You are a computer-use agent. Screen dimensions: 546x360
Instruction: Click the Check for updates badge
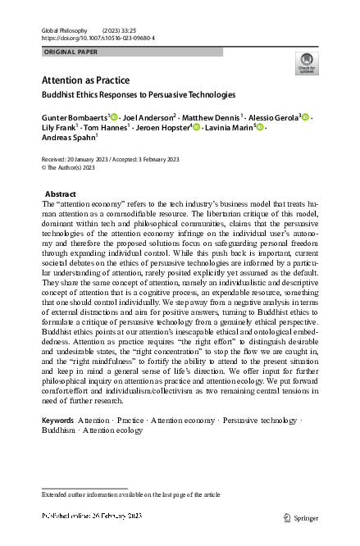[307, 63]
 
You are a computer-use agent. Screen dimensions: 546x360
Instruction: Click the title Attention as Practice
[85, 80]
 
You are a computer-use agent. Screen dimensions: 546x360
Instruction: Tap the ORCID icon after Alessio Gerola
[306, 118]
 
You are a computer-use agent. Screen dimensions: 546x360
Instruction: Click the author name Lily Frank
[59, 129]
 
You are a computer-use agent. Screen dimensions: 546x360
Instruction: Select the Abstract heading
[61, 193]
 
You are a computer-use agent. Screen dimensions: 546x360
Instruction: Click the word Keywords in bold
[57, 421]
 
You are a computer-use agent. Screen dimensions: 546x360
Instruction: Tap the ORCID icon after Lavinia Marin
[261, 129]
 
